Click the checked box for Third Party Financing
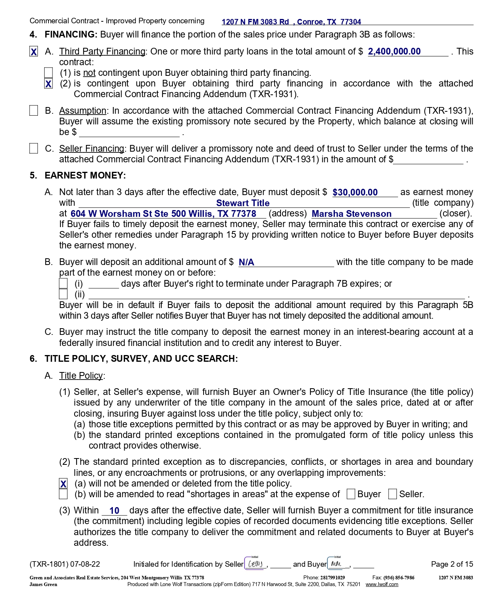(x=34, y=52)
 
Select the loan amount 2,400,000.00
(x=394, y=52)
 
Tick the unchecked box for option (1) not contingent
(x=49, y=73)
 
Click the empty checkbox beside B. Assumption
(x=34, y=111)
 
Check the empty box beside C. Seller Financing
(x=34, y=148)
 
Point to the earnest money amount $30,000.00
(x=355, y=192)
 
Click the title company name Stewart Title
(x=243, y=203)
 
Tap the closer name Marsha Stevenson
(x=352, y=214)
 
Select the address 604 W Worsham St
(x=163, y=214)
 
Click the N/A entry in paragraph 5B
(x=247, y=262)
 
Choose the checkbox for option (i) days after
(x=63, y=284)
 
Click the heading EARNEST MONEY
(x=85, y=175)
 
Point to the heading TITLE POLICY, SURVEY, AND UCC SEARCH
(x=141, y=359)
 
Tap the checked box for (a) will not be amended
(x=63, y=484)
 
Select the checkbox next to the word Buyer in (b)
(x=351, y=494)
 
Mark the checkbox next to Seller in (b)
(x=393, y=494)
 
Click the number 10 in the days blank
(x=114, y=511)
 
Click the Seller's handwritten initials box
(x=256, y=564)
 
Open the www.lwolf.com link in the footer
(x=382, y=584)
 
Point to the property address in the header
(x=291, y=22)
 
